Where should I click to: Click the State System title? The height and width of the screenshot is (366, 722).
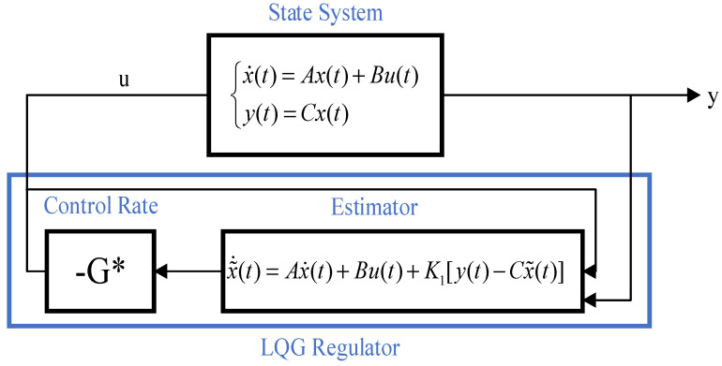coord(325,13)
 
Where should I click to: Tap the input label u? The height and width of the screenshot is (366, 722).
coord(125,80)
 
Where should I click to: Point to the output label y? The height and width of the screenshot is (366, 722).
coord(713,98)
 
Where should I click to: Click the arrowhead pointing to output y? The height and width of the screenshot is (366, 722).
coord(694,95)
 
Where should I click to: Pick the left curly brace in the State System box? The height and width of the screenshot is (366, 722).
coord(235,96)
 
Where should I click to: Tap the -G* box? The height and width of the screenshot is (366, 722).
coord(100,271)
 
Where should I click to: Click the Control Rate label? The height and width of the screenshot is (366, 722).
coord(101,206)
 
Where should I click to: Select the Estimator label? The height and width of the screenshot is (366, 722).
coord(374,208)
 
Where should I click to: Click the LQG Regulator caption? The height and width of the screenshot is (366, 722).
coord(330,348)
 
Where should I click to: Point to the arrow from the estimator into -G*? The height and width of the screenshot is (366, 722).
coord(188,271)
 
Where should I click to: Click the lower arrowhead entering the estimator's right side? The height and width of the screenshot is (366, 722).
coord(591,300)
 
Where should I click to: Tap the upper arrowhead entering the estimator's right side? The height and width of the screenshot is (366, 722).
coord(591,271)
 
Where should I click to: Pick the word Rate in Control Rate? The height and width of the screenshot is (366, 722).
coord(136,206)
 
